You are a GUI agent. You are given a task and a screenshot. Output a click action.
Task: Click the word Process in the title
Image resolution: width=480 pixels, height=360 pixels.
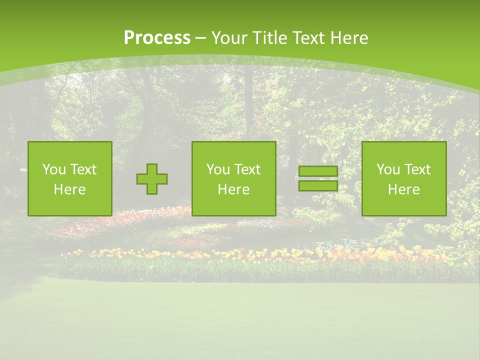click(x=157, y=38)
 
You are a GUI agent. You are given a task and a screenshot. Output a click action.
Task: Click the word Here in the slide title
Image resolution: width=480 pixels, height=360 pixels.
click(x=350, y=38)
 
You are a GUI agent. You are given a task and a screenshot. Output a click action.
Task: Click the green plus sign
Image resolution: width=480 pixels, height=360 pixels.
click(x=152, y=179)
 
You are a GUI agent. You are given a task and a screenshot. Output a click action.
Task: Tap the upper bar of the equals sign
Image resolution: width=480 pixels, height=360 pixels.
click(x=318, y=171)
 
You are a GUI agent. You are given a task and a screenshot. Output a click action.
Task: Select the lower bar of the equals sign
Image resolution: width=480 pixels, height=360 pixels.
click(x=318, y=185)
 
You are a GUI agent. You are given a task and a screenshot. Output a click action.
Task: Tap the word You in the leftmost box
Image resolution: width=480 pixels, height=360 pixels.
click(x=54, y=169)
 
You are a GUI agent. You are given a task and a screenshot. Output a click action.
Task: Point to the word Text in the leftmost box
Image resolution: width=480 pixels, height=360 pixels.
click(x=82, y=169)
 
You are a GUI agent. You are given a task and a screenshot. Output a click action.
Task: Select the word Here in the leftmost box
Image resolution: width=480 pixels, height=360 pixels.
click(x=70, y=189)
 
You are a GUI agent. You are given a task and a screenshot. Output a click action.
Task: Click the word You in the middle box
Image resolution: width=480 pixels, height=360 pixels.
click(x=218, y=169)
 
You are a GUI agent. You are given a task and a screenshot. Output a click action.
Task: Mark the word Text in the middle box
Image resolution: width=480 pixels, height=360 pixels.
click(x=246, y=169)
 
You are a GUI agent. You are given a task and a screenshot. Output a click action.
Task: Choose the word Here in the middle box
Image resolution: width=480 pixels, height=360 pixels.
click(x=234, y=189)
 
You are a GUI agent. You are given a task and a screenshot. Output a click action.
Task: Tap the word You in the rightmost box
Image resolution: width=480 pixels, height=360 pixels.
click(x=388, y=169)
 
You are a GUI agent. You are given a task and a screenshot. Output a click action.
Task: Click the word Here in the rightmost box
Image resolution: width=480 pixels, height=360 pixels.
click(x=404, y=189)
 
